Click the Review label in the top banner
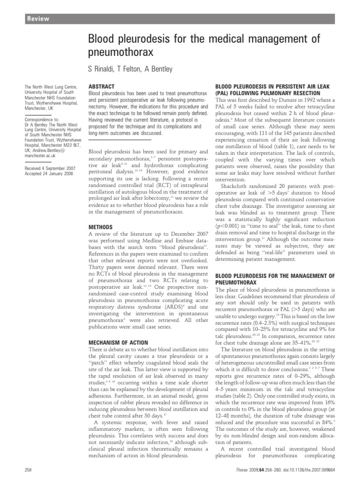point(37,19)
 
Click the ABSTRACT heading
point(102,87)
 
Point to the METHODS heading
point(101,226)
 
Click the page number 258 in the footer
point(27,469)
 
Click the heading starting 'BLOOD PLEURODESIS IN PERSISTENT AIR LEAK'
point(276,87)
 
